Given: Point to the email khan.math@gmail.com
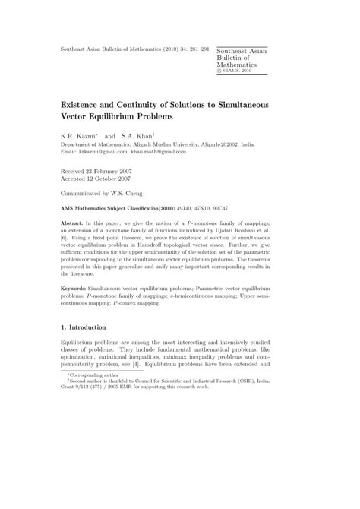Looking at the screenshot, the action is [x=166, y=151].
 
